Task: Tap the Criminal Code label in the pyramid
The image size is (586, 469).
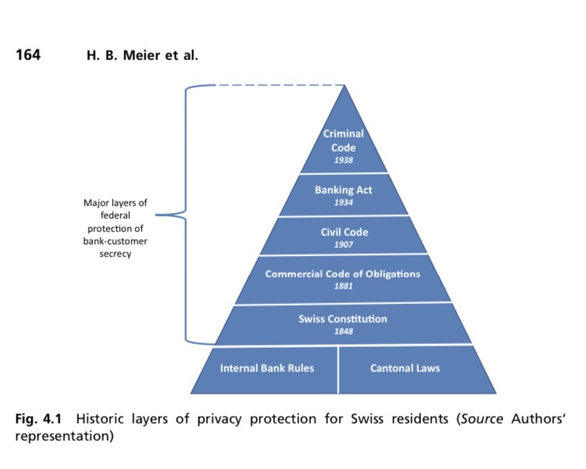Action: pos(344,141)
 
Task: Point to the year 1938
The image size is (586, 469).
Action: pos(344,160)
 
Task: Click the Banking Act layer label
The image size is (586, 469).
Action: pos(344,190)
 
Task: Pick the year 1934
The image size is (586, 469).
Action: pos(344,202)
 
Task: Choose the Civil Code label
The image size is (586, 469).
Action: pos(344,232)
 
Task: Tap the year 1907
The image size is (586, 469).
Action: pos(344,245)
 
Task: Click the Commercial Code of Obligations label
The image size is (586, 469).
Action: pos(343,274)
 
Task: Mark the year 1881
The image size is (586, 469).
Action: pos(344,287)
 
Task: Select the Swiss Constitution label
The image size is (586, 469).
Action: pos(343,319)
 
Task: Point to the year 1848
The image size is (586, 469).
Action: pos(344,331)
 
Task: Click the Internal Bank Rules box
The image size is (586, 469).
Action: pos(266,367)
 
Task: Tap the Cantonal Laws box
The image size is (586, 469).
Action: pos(405,367)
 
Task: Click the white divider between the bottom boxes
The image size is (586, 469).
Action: pos(338,369)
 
